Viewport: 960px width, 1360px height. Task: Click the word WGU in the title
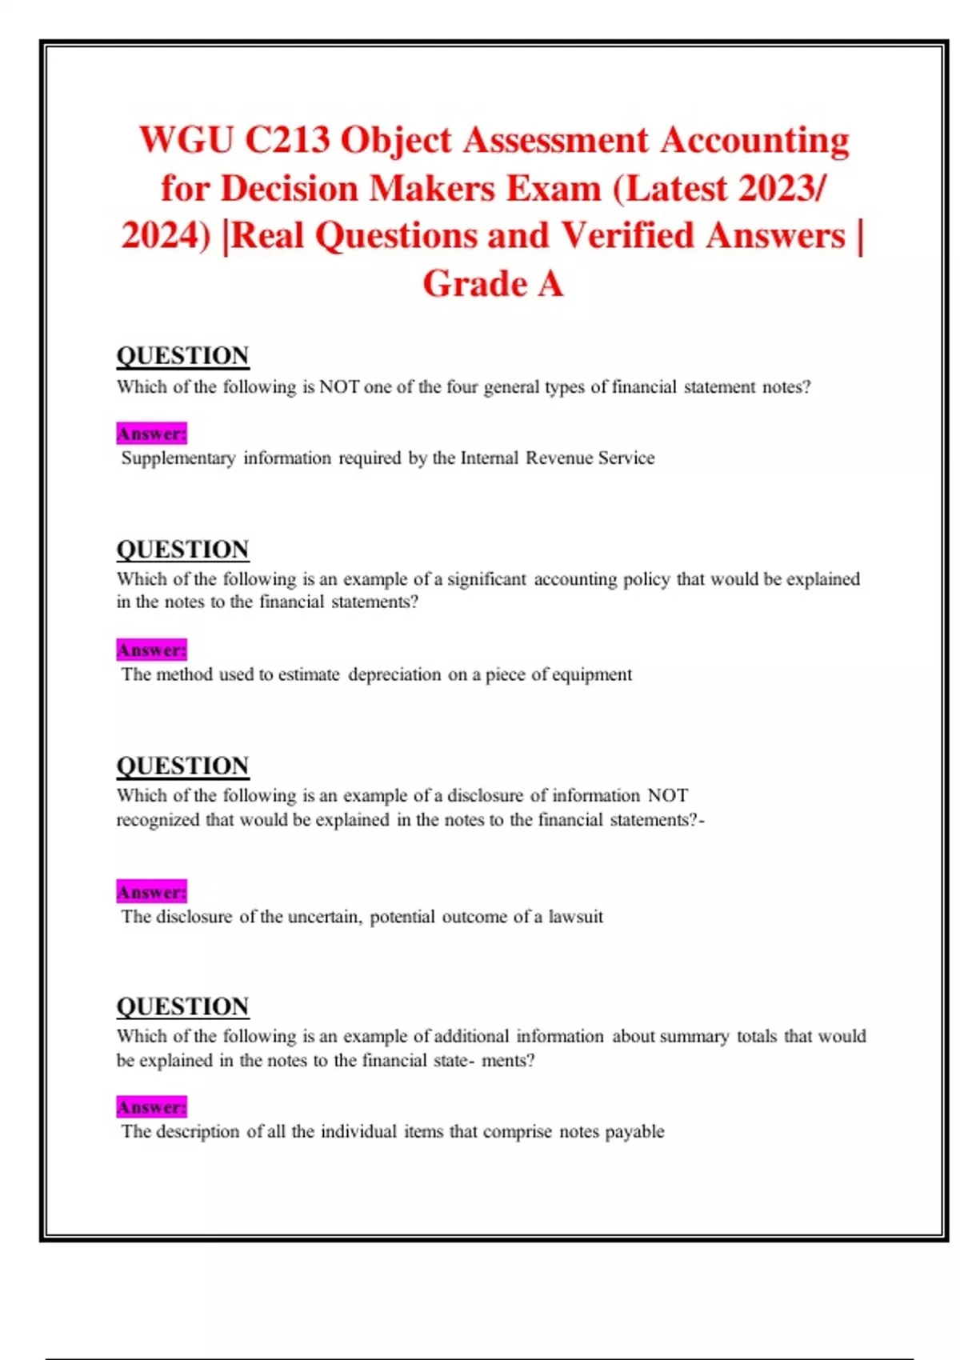coord(186,140)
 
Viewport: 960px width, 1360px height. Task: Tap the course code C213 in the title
coord(287,140)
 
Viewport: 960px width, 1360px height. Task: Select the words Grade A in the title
coord(493,283)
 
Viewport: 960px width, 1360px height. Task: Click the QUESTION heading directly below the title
coord(183,355)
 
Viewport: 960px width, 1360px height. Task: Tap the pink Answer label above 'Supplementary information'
coord(151,434)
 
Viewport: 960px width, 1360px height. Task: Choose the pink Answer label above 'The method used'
coord(151,650)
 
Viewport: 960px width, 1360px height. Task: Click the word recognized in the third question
coord(158,820)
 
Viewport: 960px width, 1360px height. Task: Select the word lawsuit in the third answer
coord(575,917)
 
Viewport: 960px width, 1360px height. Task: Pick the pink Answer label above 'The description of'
coord(151,1107)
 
